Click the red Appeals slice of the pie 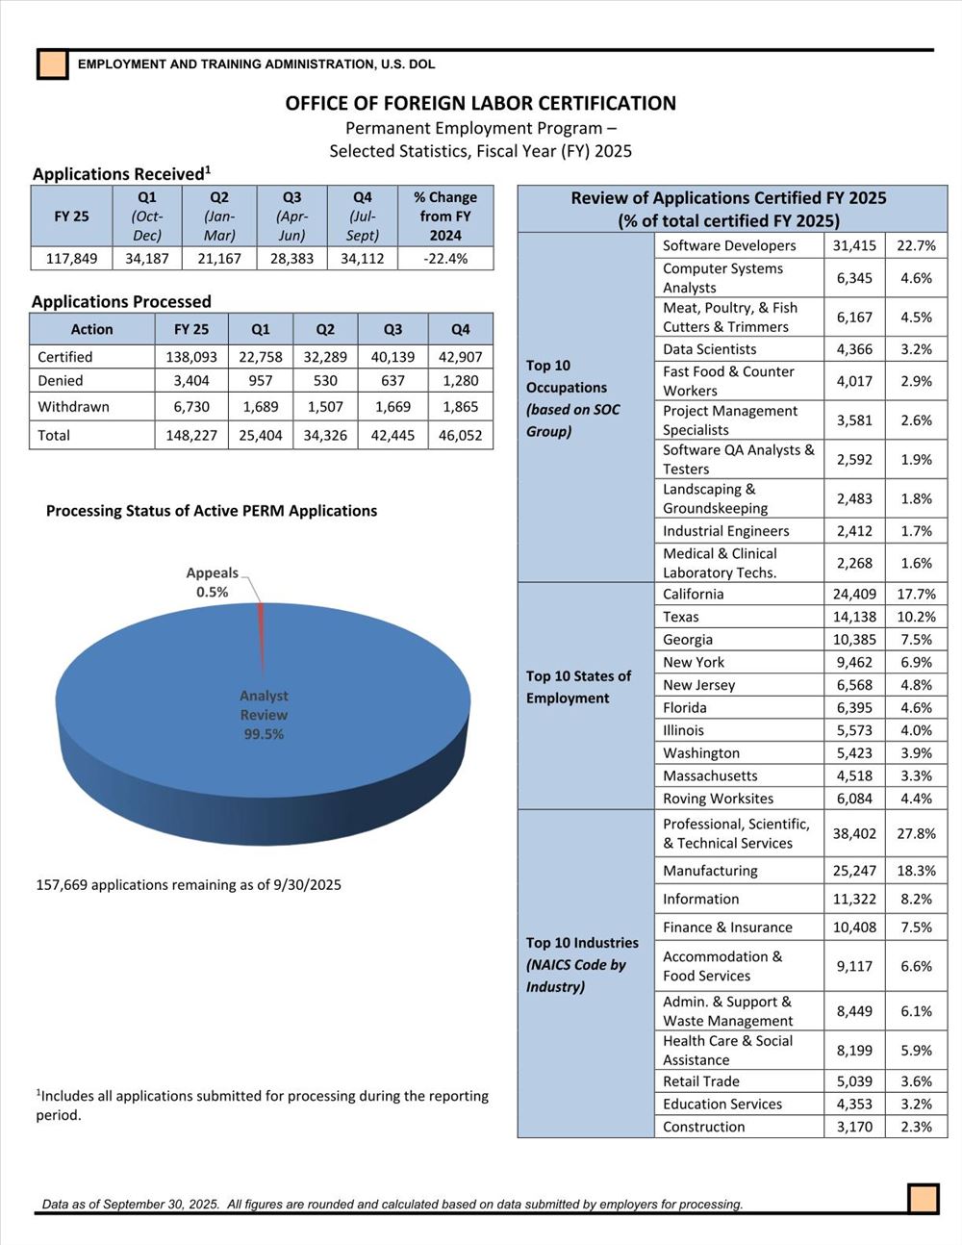point(262,635)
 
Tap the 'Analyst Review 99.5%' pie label point(264,715)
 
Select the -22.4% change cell point(445,258)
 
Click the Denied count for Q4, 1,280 point(461,381)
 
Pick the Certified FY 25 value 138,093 point(191,357)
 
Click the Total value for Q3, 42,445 point(392,436)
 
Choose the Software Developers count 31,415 point(854,245)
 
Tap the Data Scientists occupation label point(709,349)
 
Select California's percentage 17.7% point(916,595)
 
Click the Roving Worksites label point(718,799)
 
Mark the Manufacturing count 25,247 point(854,871)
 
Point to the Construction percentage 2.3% point(916,1127)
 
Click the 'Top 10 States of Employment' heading point(578,687)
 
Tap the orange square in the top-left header point(53,64)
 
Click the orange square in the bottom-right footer point(924,1199)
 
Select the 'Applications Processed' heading point(121,301)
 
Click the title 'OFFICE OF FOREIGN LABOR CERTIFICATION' point(480,104)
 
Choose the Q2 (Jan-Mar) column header point(219,216)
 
